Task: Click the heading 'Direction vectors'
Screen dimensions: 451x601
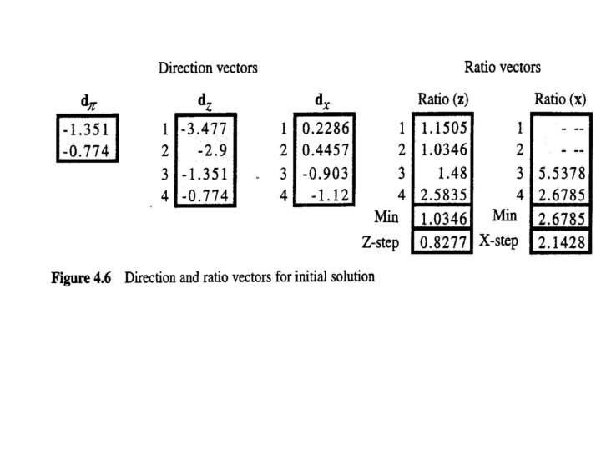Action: pyautogui.click(x=208, y=68)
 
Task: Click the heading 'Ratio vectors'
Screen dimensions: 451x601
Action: pyautogui.click(x=503, y=67)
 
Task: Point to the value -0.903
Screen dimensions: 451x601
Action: pyautogui.click(x=326, y=174)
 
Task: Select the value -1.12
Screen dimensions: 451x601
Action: pyautogui.click(x=333, y=196)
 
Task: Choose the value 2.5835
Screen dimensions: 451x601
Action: pyautogui.click(x=444, y=196)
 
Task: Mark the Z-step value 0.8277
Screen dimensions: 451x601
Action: pyautogui.click(x=444, y=243)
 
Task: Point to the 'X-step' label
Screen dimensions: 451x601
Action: pyautogui.click(x=498, y=241)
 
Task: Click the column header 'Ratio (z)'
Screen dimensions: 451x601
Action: pyautogui.click(x=442, y=100)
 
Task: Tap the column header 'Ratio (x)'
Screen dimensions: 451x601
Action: pyautogui.click(x=559, y=100)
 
